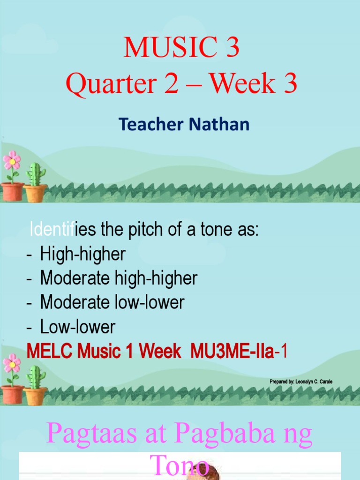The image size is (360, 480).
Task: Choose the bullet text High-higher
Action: [82, 254]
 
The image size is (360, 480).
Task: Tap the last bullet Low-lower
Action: [77, 327]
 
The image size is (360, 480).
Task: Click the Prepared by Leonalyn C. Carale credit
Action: [301, 382]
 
